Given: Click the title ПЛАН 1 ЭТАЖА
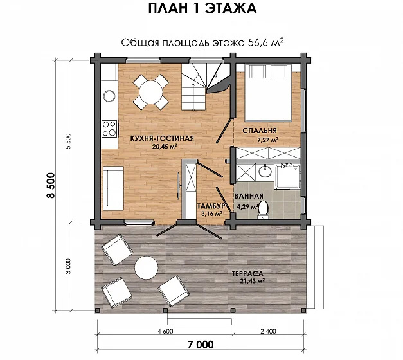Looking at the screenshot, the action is (x=202, y=9).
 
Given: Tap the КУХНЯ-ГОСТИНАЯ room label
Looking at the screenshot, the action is (x=162, y=138).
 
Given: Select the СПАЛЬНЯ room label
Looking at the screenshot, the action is (x=260, y=130).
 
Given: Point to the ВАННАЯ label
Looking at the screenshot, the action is (x=249, y=196).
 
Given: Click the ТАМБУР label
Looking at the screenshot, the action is (x=211, y=206).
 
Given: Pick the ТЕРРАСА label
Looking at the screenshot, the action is (x=247, y=273).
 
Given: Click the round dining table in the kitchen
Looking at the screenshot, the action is (x=151, y=92).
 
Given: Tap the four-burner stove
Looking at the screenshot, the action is (x=109, y=129).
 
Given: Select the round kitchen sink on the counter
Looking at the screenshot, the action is (x=109, y=96).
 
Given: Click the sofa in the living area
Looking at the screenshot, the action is (x=113, y=188).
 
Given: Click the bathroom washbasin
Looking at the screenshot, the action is (x=265, y=171).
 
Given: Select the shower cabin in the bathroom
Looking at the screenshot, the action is (x=287, y=177).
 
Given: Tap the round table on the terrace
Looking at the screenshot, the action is (x=147, y=268).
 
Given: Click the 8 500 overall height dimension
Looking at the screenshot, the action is (x=51, y=185).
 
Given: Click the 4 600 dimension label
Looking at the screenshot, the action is (x=165, y=331).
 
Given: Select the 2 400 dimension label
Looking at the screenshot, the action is (x=268, y=331).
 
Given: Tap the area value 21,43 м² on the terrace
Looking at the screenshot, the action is (x=253, y=281).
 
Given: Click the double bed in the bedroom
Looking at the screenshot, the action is (x=268, y=93).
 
